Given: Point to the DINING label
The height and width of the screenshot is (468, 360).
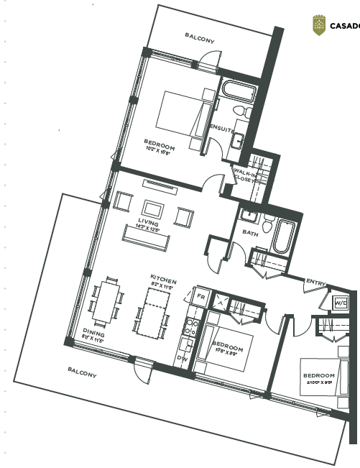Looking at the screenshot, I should point(94,333).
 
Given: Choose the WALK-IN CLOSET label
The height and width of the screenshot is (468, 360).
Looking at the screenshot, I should point(243,175).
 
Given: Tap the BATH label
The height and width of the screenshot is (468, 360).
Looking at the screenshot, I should point(249,233).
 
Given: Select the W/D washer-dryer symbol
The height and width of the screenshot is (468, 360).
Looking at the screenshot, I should point(340,303).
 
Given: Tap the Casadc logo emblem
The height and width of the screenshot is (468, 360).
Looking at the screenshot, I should point(318,26).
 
